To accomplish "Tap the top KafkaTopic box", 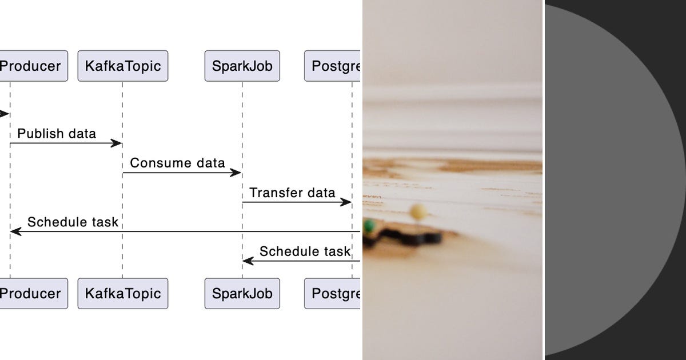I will point(123,66).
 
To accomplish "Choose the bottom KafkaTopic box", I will point(123,294).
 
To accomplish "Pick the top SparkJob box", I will point(242,66).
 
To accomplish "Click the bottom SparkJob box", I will point(242,294).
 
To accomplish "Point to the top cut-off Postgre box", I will point(333,66).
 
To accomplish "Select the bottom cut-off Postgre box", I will point(333,294).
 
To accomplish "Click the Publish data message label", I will point(57,134).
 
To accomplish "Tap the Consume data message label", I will point(177,163).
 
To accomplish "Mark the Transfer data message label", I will point(292,193).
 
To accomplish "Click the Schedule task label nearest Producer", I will point(73,222).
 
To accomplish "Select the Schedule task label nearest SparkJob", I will point(305,251).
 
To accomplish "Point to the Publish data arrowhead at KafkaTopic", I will point(117,143).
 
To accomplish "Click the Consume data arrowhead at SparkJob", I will point(236,173).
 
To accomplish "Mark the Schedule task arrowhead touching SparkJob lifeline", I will point(248,261).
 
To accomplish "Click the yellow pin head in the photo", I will point(418,211).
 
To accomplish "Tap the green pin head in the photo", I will point(370,226).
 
